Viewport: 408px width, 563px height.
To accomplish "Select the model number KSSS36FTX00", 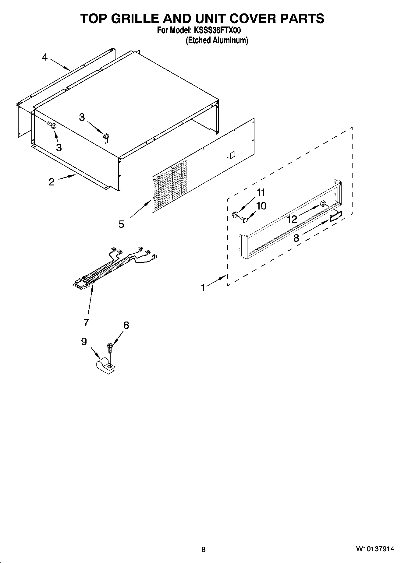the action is coord(217,30).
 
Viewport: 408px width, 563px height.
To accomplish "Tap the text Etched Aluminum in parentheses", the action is coord(217,40).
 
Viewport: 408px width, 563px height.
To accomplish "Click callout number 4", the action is coord(45,57).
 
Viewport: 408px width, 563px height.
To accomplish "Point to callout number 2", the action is coord(51,182).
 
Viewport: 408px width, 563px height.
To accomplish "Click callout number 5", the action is coord(121,224).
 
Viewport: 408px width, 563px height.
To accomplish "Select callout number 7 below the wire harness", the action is coord(86,322).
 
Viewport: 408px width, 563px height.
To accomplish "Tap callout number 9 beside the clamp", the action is coord(84,342).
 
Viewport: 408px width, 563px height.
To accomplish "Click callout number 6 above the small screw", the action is coord(126,325).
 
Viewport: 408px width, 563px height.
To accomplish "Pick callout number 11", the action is coord(261,192).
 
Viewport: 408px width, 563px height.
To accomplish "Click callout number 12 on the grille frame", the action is coord(292,219).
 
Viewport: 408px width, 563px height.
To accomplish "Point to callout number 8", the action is coord(296,238).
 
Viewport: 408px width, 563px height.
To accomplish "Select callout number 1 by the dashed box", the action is coord(203,287).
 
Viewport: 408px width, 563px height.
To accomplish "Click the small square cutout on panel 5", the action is coord(233,154).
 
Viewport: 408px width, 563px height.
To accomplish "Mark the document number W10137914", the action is coord(374,549).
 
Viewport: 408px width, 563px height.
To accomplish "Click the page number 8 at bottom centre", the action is coord(204,549).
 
